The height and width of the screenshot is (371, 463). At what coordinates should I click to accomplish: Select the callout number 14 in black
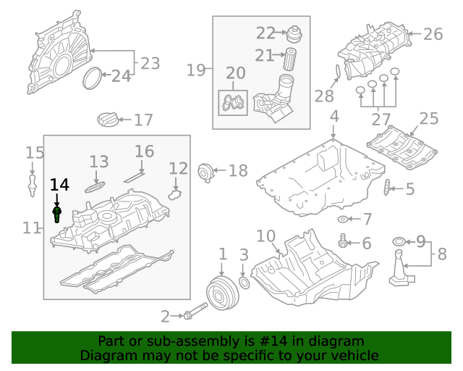click(59, 185)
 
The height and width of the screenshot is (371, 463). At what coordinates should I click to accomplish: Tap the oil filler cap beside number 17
click(106, 120)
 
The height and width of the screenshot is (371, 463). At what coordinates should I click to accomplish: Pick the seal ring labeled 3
click(245, 281)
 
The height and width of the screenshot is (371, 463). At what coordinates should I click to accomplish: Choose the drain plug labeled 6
click(343, 243)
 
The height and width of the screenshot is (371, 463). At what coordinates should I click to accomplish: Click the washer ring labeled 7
click(342, 219)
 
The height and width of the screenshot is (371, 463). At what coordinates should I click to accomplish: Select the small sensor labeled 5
click(388, 189)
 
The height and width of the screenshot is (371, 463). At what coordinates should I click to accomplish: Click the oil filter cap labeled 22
click(294, 34)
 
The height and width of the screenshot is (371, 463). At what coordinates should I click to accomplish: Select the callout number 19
click(196, 70)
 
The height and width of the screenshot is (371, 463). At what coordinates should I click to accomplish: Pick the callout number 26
click(432, 34)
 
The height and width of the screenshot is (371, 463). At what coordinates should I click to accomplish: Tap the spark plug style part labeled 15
click(31, 181)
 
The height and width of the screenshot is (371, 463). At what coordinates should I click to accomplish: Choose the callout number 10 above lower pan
click(266, 236)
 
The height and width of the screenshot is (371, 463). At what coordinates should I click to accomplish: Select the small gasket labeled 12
click(174, 194)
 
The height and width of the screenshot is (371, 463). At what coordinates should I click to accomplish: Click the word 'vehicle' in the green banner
click(354, 356)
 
